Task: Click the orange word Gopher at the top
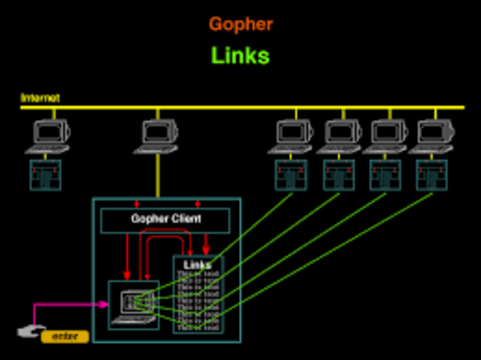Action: pos(240,24)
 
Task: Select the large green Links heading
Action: pos(240,56)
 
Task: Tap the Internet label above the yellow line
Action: pos(40,98)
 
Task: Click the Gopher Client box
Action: pos(166,219)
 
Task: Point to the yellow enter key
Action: pos(65,337)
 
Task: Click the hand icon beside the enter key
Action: pos(29,331)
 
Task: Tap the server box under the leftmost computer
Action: pos(45,174)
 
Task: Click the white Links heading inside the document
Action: pos(198,265)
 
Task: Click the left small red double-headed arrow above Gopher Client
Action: pos(136,204)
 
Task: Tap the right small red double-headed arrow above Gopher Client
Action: pos(198,204)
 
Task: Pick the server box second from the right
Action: pos(386,174)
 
